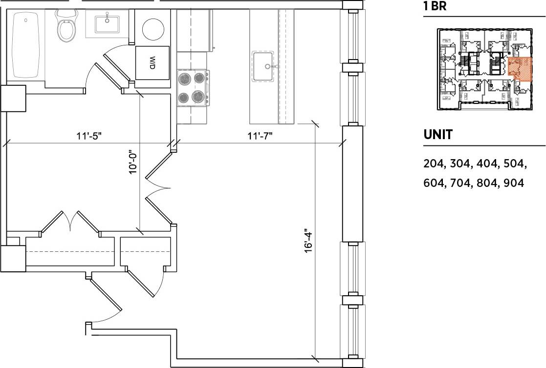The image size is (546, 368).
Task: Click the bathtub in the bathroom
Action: [x=25, y=45]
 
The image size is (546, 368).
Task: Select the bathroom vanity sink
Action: [x=106, y=23]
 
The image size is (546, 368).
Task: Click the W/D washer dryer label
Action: [x=152, y=63]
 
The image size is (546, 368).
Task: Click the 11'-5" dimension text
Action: [x=89, y=136]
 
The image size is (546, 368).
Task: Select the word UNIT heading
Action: [x=438, y=135]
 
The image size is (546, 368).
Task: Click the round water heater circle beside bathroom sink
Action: [x=153, y=29]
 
